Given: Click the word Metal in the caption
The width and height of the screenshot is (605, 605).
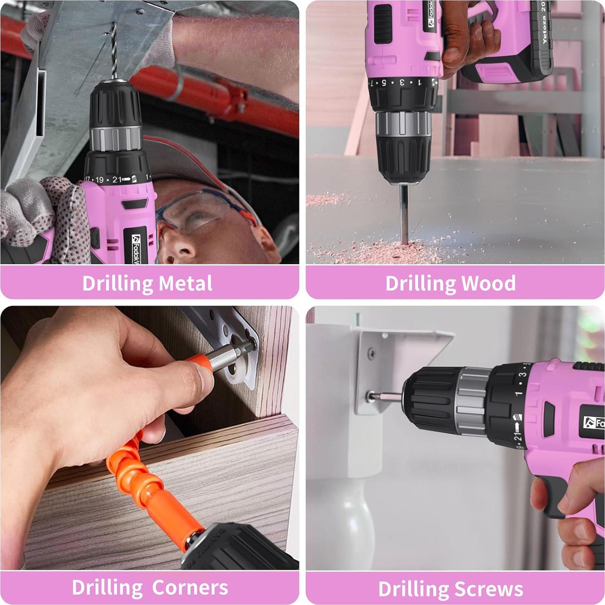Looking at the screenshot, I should point(185,283).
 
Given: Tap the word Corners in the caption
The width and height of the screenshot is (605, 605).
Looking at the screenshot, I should point(190,588).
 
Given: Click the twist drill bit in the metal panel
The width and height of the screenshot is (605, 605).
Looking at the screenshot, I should point(115,53).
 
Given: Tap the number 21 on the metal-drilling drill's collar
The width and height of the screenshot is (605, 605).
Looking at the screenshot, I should point(117,179).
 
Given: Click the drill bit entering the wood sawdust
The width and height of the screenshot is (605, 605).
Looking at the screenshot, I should point(404,214).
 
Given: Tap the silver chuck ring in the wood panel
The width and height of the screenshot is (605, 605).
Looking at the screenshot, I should point(403,124).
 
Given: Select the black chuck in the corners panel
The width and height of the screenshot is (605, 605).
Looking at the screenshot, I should point(239,546).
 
